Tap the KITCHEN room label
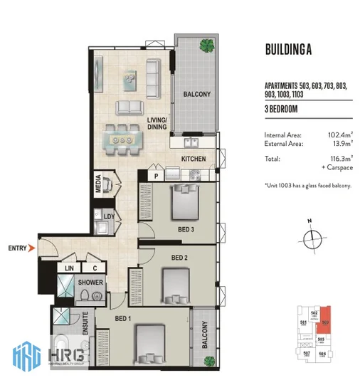coord(194,159)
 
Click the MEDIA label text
coord(97,187)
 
